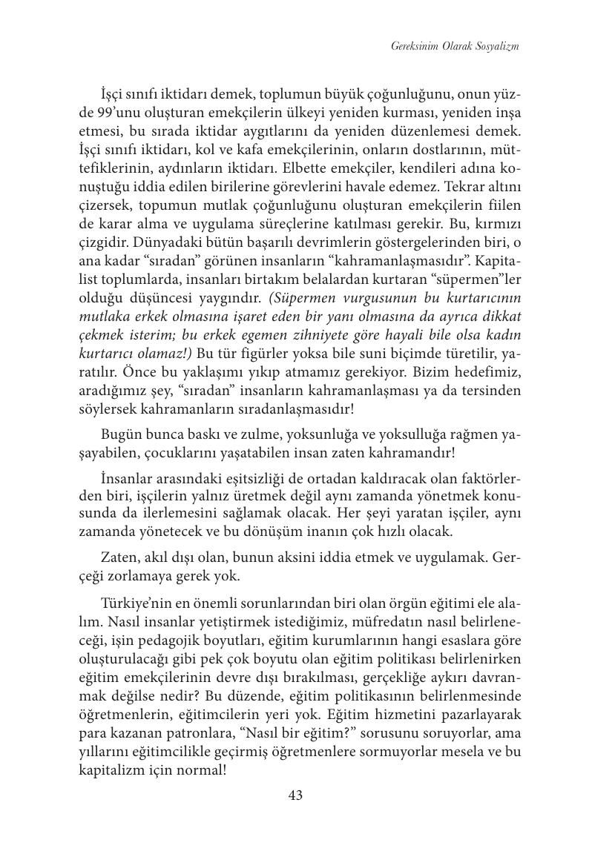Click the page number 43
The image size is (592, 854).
click(295, 795)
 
